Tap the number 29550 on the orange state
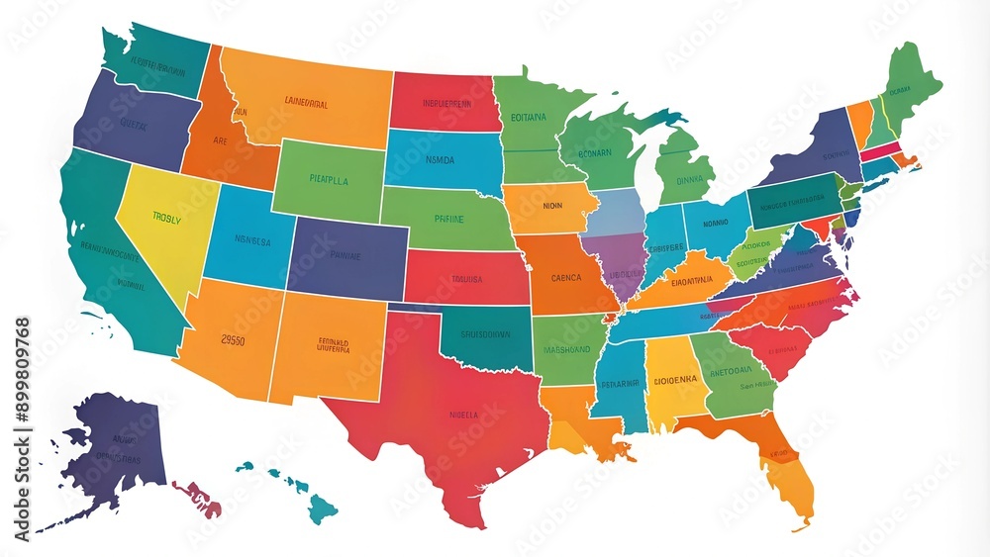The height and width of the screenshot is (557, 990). pyautogui.click(x=232, y=338)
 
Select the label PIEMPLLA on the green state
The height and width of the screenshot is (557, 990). pyautogui.click(x=328, y=182)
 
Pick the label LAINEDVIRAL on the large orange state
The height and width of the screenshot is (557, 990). pyautogui.click(x=306, y=100)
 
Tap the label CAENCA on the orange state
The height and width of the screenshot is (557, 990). pyautogui.click(x=565, y=278)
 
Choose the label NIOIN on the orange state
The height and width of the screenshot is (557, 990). pyautogui.click(x=551, y=207)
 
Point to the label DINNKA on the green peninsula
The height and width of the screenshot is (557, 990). pyautogui.click(x=688, y=181)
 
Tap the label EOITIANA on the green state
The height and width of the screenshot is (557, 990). pyautogui.click(x=529, y=116)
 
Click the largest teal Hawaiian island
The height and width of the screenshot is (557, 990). pyautogui.click(x=322, y=510)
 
